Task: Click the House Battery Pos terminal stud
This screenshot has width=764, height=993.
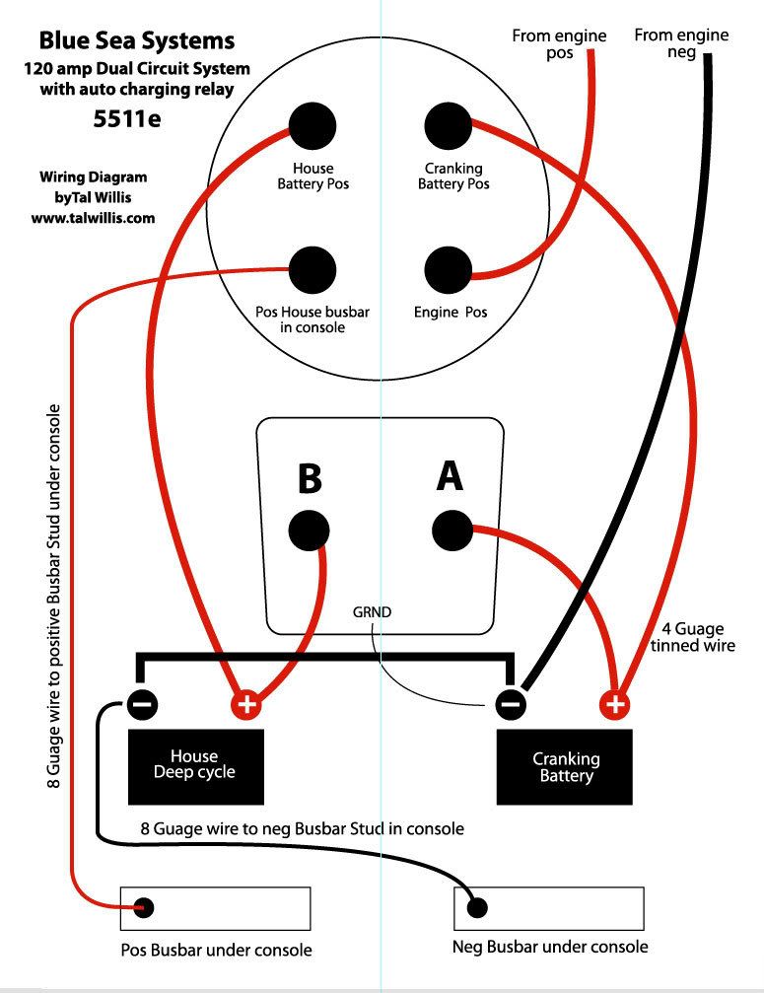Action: click(x=313, y=126)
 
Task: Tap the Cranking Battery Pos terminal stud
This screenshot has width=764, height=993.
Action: click(x=450, y=126)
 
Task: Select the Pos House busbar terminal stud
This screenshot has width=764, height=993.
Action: click(x=313, y=268)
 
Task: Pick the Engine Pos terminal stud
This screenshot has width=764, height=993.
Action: click(x=450, y=268)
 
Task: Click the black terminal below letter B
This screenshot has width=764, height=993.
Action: click(x=310, y=531)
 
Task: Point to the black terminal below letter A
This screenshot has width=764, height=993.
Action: click(x=453, y=531)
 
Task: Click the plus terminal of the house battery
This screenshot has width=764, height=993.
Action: click(x=246, y=704)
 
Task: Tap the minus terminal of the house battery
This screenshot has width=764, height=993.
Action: click(x=142, y=704)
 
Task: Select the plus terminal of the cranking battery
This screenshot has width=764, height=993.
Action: click(x=614, y=704)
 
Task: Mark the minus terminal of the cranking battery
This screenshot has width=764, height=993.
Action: click(x=510, y=704)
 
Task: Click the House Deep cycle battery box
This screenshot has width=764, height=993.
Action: click(x=196, y=766)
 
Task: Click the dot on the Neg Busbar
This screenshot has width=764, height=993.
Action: click(x=479, y=906)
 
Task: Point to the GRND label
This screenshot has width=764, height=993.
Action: click(x=373, y=612)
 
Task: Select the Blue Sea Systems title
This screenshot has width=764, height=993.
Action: click(x=137, y=41)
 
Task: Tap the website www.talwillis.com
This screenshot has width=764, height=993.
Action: click(x=93, y=218)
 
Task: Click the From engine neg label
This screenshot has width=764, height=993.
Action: click(x=681, y=42)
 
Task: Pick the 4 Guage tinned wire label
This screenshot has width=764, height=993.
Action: click(x=693, y=636)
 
